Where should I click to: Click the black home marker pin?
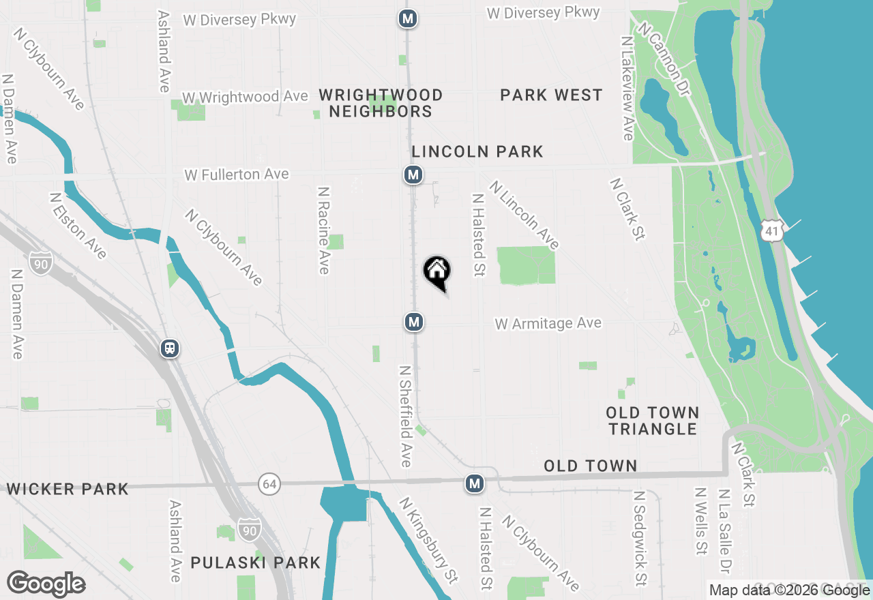point(437,271)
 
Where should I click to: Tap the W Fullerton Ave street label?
point(237,175)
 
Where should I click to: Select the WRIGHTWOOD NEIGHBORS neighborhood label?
point(381,103)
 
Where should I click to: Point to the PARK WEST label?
point(551,95)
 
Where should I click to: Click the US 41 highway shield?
point(771,231)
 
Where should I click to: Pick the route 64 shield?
point(269,485)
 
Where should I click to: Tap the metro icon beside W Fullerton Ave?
point(413,175)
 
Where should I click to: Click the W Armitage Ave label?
point(548,323)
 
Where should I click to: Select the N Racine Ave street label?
point(323,230)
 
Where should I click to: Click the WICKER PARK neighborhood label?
point(68,489)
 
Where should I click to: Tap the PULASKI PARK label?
point(256,562)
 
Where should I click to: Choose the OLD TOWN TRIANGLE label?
point(653,421)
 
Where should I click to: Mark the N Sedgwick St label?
point(639,539)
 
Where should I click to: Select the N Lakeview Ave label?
point(627,89)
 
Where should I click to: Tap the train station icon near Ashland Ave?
point(170,348)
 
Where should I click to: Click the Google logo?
point(46,584)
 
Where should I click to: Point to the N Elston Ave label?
point(78,226)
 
